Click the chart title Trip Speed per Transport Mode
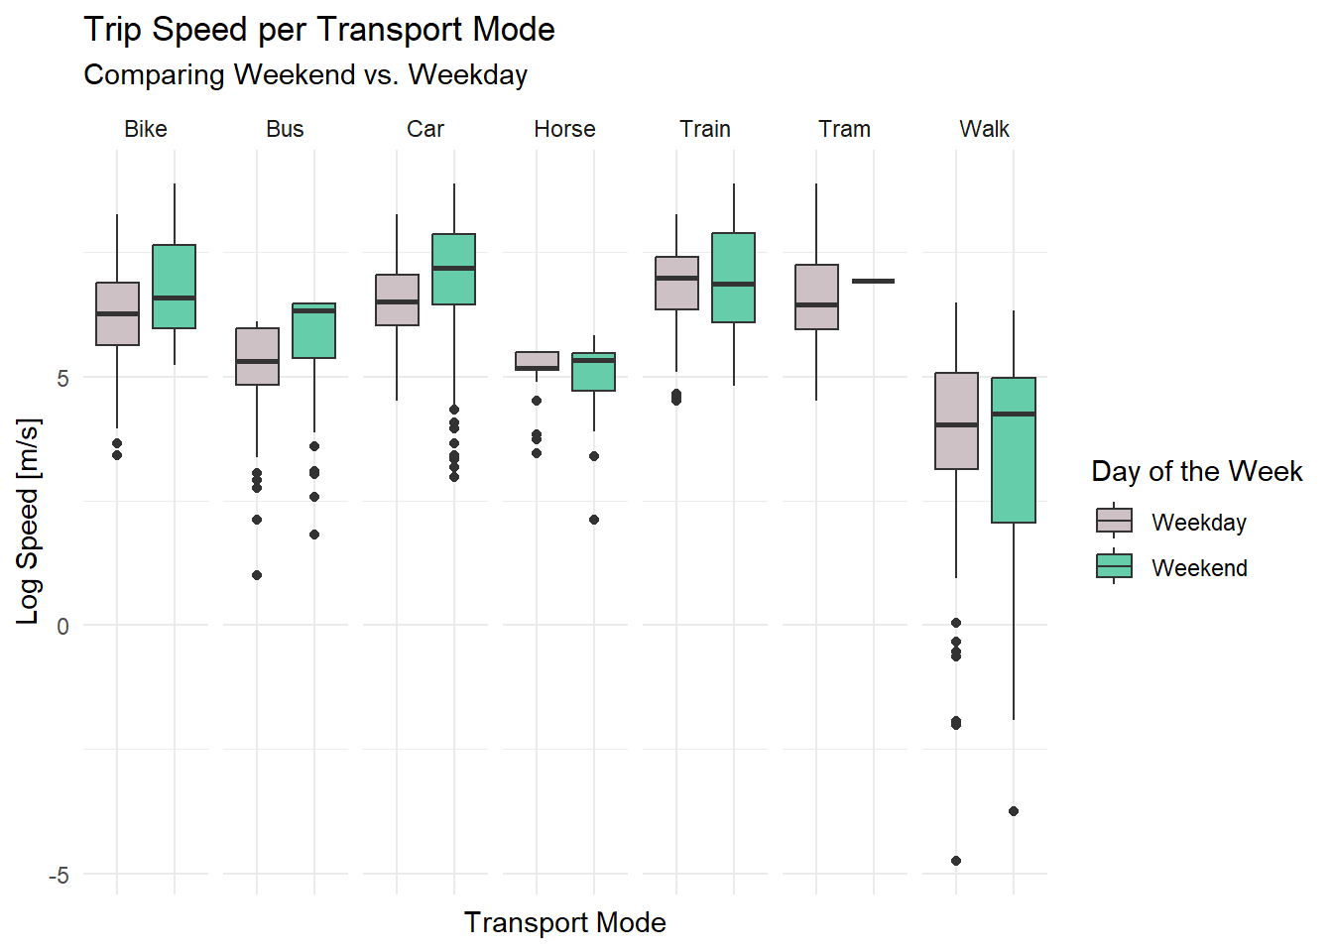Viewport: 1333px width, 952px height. [318, 30]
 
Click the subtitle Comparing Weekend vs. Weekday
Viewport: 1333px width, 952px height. [305, 75]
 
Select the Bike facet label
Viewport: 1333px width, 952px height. [146, 129]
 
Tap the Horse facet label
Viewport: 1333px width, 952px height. [564, 129]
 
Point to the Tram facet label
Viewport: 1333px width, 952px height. [844, 129]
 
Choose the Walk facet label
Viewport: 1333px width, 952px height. [984, 129]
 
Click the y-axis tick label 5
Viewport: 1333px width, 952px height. [62, 378]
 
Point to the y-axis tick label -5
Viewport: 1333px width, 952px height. [59, 875]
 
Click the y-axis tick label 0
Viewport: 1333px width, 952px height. [62, 626]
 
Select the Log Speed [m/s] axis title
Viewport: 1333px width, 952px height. [28, 521]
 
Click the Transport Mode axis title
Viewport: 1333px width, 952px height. [564, 922]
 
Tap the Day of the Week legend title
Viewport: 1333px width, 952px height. [1196, 471]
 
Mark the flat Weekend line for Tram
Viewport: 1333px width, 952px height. [873, 282]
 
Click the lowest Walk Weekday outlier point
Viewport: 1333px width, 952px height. [956, 861]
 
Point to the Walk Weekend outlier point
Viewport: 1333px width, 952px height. [1014, 811]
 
